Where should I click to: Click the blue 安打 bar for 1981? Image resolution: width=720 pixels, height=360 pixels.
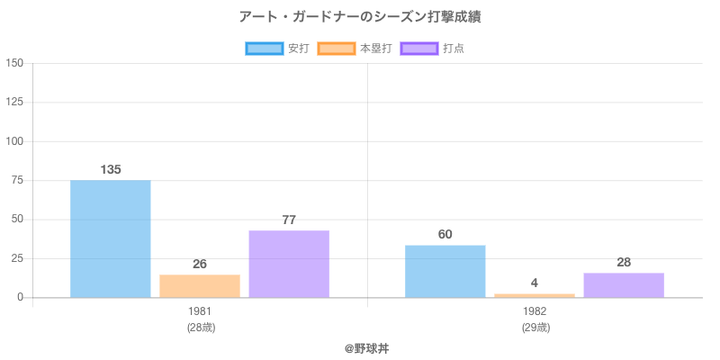point(110,238)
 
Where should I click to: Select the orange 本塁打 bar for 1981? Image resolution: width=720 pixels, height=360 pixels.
point(200,286)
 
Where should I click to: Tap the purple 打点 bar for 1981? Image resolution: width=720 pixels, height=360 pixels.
point(289,264)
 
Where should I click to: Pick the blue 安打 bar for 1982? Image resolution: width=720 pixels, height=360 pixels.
point(445,271)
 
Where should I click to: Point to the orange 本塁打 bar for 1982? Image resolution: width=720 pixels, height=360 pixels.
point(535,294)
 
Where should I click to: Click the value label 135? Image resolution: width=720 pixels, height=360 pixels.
point(111,169)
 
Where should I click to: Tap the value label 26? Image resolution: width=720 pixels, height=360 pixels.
point(200,264)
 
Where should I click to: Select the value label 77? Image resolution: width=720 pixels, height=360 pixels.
point(289,220)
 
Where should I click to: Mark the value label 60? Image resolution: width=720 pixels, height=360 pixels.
point(445,234)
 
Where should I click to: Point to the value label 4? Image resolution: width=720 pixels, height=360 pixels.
point(535,283)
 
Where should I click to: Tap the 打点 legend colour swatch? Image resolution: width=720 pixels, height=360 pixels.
point(419,49)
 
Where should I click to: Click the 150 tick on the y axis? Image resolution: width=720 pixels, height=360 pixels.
point(14,63)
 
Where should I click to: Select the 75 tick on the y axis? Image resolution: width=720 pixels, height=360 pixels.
point(17,180)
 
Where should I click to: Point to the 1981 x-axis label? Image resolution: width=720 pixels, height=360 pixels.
point(200,311)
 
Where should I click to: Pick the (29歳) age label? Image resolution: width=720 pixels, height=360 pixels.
point(535,328)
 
